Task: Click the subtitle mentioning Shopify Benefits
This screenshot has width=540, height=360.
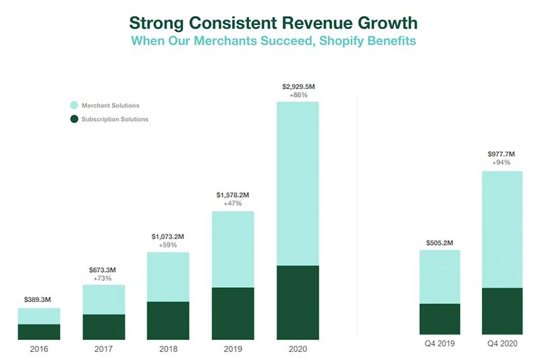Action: point(273,42)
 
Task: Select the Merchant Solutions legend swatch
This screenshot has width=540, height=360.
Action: point(74,105)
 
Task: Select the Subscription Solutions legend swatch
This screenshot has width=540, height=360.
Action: point(74,120)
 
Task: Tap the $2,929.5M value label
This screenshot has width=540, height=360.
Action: point(298,86)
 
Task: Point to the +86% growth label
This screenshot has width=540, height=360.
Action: point(298,95)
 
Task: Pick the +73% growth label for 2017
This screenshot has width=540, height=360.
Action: point(104,278)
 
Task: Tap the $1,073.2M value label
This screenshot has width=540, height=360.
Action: point(168,236)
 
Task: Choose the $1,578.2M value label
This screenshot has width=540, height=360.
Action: point(233,195)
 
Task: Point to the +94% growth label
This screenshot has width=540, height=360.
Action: point(502,163)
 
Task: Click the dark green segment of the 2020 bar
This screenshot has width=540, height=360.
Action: point(298,301)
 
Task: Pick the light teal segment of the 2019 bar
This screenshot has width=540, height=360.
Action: point(233,249)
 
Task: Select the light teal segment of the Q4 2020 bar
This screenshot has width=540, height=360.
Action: point(502,230)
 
